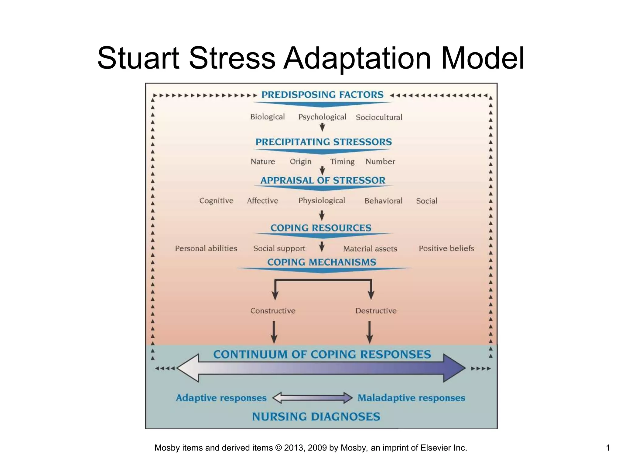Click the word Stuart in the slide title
(x=138, y=58)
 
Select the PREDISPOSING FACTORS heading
(x=322, y=95)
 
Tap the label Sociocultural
(x=379, y=117)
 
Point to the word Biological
(x=267, y=117)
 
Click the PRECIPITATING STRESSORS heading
(x=323, y=142)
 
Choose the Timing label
(x=342, y=162)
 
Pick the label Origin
(x=300, y=162)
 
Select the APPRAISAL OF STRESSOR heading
(x=323, y=181)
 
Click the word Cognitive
(x=216, y=201)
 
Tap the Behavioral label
(x=383, y=201)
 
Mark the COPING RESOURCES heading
(x=321, y=228)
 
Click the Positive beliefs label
(x=446, y=248)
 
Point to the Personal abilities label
(x=206, y=248)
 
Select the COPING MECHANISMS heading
(x=322, y=262)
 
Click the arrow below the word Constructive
(x=274, y=332)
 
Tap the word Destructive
(x=376, y=311)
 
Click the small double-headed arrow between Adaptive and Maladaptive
(x=313, y=398)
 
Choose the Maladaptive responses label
(x=411, y=398)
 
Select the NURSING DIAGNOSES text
(x=316, y=417)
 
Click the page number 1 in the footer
(x=608, y=448)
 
